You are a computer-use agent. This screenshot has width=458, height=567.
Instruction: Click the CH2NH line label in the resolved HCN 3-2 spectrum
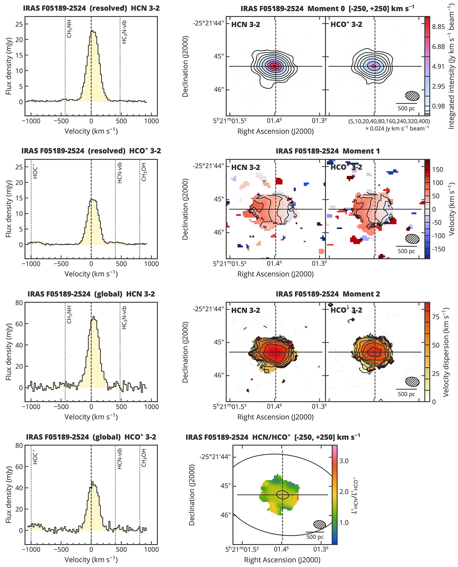click(x=69, y=29)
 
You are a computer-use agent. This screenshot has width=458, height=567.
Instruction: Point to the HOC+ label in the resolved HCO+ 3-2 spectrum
click(x=35, y=172)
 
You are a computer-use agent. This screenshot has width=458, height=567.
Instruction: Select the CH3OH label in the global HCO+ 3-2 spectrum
click(x=144, y=457)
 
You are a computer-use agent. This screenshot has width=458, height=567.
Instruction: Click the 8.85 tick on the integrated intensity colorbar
click(x=439, y=27)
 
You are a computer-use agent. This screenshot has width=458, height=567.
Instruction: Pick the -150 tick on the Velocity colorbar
click(x=439, y=249)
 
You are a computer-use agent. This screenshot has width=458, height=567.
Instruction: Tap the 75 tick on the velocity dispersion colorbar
click(x=436, y=317)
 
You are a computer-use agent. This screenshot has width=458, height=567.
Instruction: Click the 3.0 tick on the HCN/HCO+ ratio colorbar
click(x=344, y=461)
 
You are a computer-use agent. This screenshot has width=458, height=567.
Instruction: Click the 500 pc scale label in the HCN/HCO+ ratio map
click(x=315, y=537)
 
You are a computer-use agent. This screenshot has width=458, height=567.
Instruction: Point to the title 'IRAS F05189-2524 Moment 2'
click(x=328, y=294)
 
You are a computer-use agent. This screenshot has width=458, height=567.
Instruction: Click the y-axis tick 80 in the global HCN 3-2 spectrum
click(x=19, y=303)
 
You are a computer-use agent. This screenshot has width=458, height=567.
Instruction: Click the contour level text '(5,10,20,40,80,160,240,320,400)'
click(x=389, y=121)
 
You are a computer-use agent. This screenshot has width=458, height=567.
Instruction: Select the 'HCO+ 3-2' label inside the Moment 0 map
click(x=346, y=24)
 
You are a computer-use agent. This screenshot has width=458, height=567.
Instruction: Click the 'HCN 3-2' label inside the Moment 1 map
click(x=245, y=167)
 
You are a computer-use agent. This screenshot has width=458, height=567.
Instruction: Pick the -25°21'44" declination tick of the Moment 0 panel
click(x=208, y=23)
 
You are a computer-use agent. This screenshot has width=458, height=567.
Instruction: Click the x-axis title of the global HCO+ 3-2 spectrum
click(x=91, y=560)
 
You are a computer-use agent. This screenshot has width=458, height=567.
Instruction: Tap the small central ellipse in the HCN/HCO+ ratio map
click(x=282, y=494)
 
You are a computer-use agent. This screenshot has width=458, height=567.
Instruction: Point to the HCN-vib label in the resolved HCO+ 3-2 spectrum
click(x=119, y=173)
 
